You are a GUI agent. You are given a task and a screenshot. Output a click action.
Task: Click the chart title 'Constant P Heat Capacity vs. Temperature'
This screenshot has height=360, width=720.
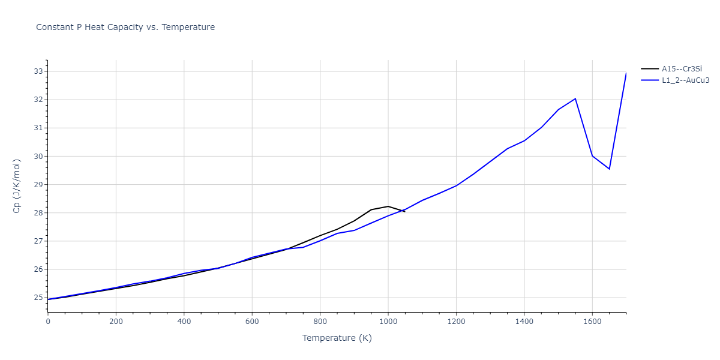[125, 27]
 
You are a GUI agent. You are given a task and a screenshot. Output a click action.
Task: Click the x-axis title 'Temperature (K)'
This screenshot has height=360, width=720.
[337, 338]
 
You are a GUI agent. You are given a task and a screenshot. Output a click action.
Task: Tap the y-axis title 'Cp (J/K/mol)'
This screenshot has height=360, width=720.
[17, 185]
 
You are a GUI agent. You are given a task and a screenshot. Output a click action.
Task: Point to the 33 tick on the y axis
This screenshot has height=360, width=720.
[39, 71]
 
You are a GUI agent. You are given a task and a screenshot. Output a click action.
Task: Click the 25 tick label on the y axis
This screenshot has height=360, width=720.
[39, 298]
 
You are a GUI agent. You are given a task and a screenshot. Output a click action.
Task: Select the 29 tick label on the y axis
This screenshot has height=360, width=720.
[39, 185]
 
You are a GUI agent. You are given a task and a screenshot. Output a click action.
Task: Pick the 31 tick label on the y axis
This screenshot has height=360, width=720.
[39, 128]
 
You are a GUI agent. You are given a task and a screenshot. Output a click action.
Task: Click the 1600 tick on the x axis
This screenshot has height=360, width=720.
[592, 322]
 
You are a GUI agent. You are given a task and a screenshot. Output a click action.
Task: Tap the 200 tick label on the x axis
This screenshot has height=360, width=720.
[116, 322]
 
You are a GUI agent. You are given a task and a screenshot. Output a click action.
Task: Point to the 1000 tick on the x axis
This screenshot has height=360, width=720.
[388, 322]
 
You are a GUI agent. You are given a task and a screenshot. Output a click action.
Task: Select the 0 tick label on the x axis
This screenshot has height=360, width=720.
[48, 322]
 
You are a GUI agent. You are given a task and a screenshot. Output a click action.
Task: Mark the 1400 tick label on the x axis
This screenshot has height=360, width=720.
[524, 322]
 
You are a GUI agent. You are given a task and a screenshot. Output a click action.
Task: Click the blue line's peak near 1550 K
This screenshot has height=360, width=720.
[575, 98]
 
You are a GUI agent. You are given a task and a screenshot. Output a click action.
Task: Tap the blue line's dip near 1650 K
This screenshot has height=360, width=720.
[610, 169]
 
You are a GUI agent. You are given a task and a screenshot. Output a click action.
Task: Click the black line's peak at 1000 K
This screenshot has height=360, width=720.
[388, 206]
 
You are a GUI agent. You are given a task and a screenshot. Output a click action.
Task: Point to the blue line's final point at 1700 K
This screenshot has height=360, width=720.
[626, 73]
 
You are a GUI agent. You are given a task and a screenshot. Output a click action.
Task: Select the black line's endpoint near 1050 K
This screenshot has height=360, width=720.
[405, 211]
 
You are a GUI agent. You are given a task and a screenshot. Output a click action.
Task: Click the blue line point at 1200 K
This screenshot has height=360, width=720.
[456, 185]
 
